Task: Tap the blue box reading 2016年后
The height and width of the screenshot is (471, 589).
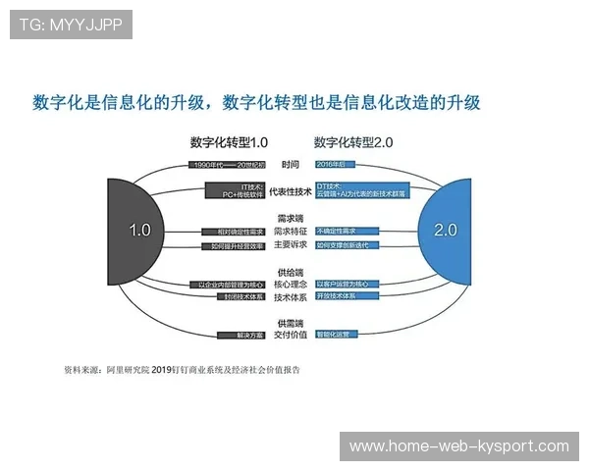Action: coord(334,164)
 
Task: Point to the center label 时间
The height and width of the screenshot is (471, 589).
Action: coord(291,164)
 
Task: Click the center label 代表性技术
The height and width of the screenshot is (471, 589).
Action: coord(291,191)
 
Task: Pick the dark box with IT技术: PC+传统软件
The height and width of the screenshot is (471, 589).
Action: coord(236,189)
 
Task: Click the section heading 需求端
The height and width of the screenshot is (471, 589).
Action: coord(291,218)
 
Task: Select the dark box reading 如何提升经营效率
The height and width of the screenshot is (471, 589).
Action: coord(235,245)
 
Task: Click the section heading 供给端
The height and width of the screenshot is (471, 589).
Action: coord(291,271)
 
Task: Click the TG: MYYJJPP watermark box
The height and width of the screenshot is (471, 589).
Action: coord(71,26)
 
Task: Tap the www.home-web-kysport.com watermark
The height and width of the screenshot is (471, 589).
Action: coord(458,446)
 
